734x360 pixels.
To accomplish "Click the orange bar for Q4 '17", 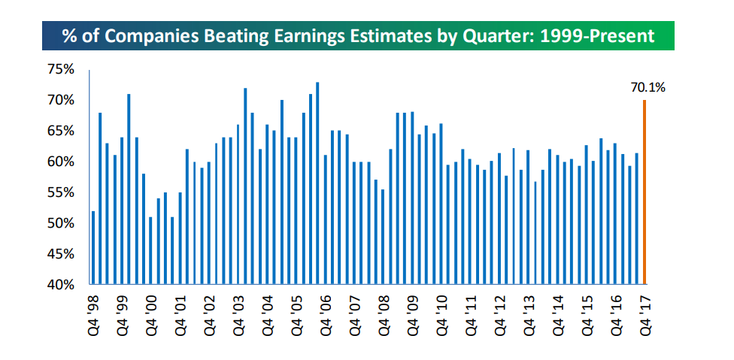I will point(645,192).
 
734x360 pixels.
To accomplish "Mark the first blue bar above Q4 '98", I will point(93,248).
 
